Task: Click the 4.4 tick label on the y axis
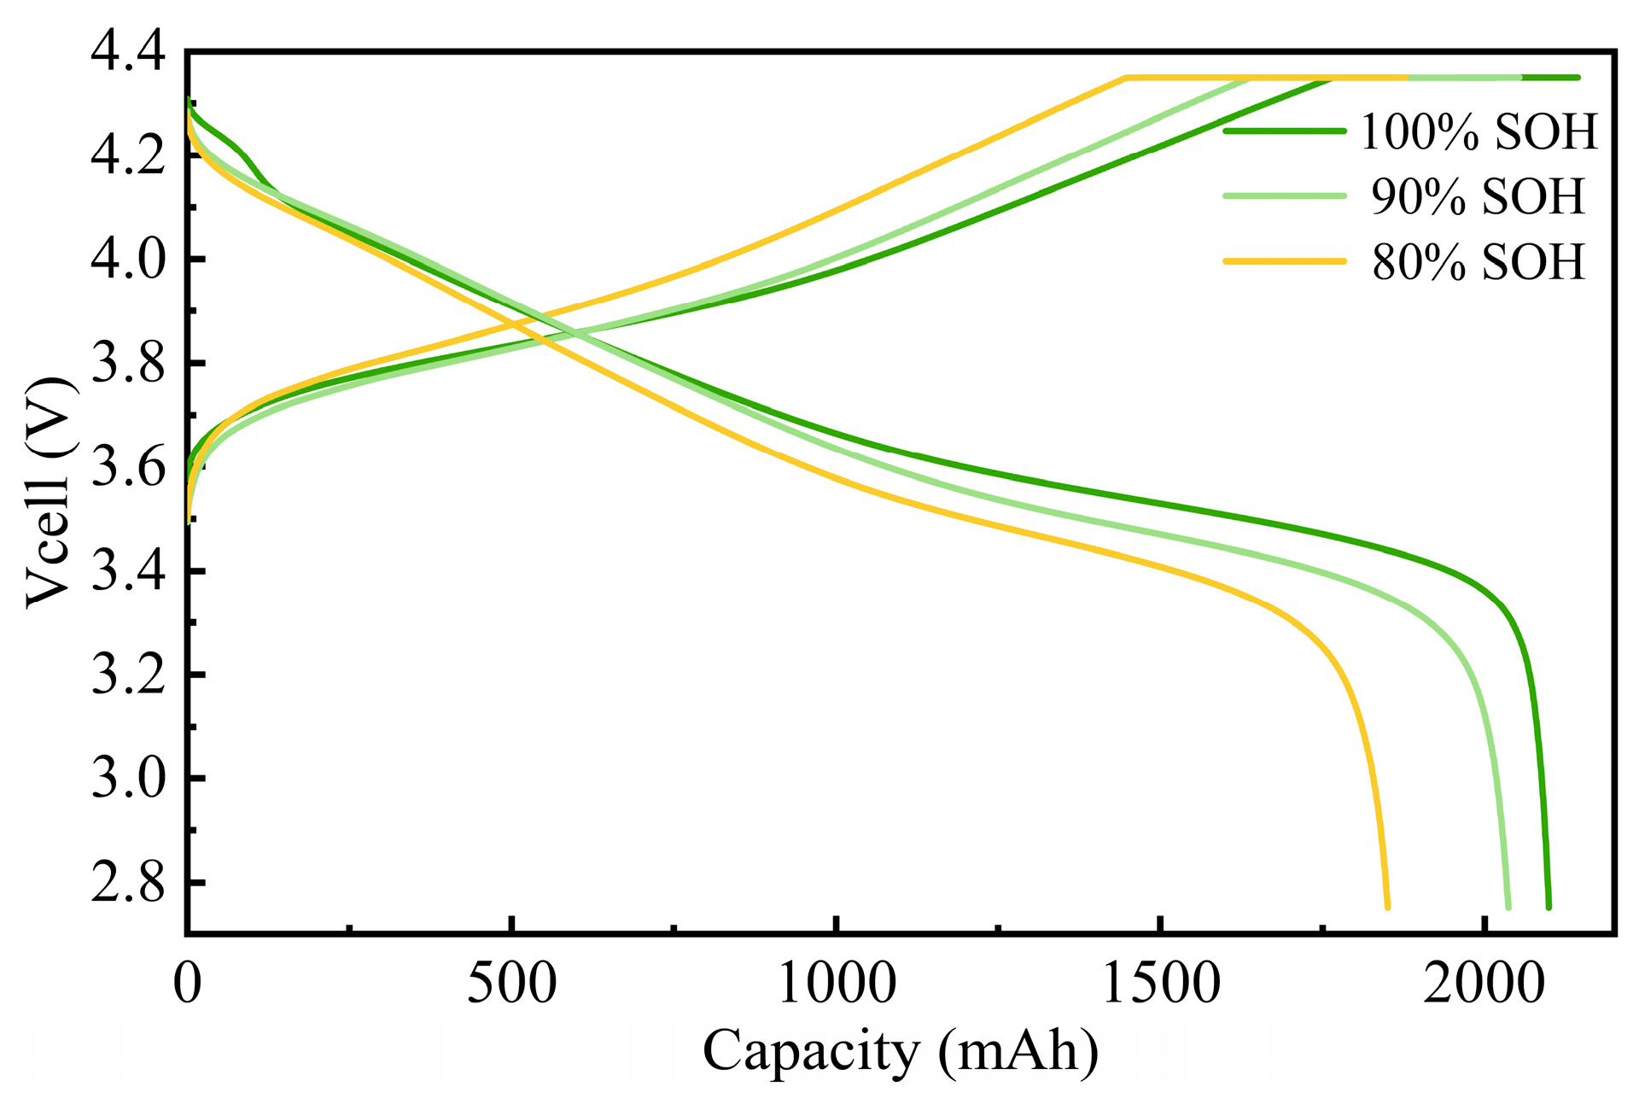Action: click(128, 53)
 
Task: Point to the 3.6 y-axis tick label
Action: click(128, 468)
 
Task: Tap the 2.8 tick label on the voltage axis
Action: click(128, 883)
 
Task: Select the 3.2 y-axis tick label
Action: click(128, 675)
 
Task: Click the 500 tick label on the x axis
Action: click(511, 984)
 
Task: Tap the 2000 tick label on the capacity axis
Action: click(1484, 984)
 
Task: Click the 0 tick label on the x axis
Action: click(187, 984)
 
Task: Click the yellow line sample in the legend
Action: click(1285, 260)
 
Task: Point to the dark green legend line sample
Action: click(1285, 131)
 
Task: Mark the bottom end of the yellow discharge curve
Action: click(1387, 907)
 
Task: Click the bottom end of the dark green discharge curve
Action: click(1549, 907)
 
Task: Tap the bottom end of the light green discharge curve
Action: click(1508, 907)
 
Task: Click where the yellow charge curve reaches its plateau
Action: click(1127, 78)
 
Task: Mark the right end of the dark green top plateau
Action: click(1577, 78)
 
